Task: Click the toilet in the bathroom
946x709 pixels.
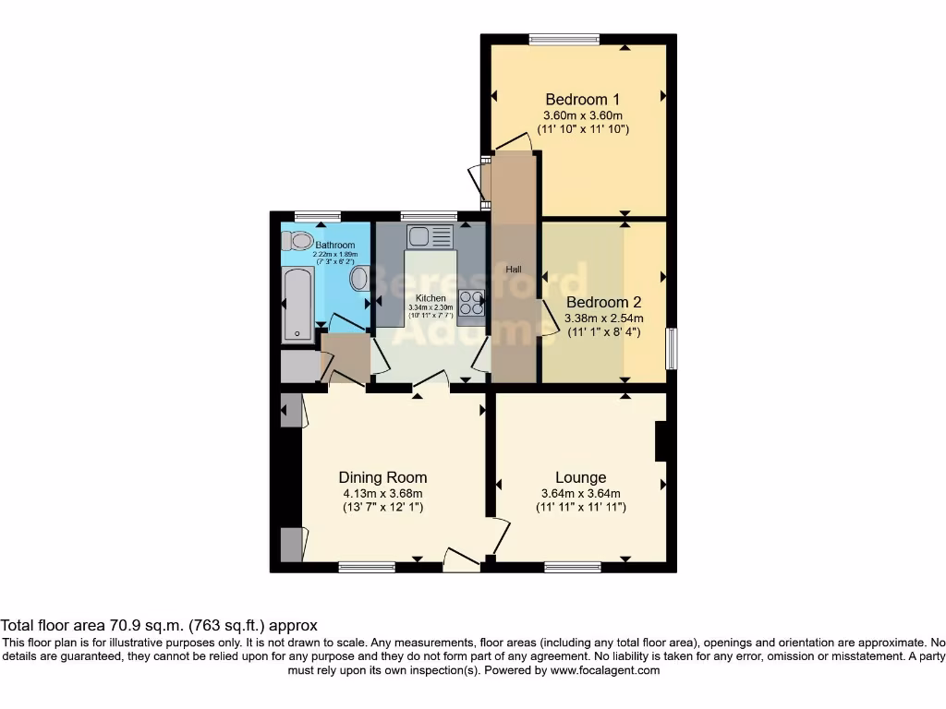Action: pos(298,242)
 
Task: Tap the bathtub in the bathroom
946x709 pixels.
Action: pos(297,304)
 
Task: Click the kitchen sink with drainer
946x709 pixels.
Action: pos(429,236)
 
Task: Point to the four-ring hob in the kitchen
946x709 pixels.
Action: pos(471,302)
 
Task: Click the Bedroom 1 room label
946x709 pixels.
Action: pos(582,100)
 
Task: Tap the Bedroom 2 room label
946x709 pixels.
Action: pos(603,302)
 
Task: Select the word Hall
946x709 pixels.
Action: pos(514,270)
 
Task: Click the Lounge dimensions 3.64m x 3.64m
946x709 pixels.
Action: pos(580,493)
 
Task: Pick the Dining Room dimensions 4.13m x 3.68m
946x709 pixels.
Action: pos(382,493)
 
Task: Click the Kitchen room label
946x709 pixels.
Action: pos(431,298)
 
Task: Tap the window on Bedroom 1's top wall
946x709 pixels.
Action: pos(564,38)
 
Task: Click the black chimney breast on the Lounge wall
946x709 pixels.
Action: pos(661,441)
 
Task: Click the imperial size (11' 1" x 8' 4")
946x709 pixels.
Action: pos(603,331)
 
